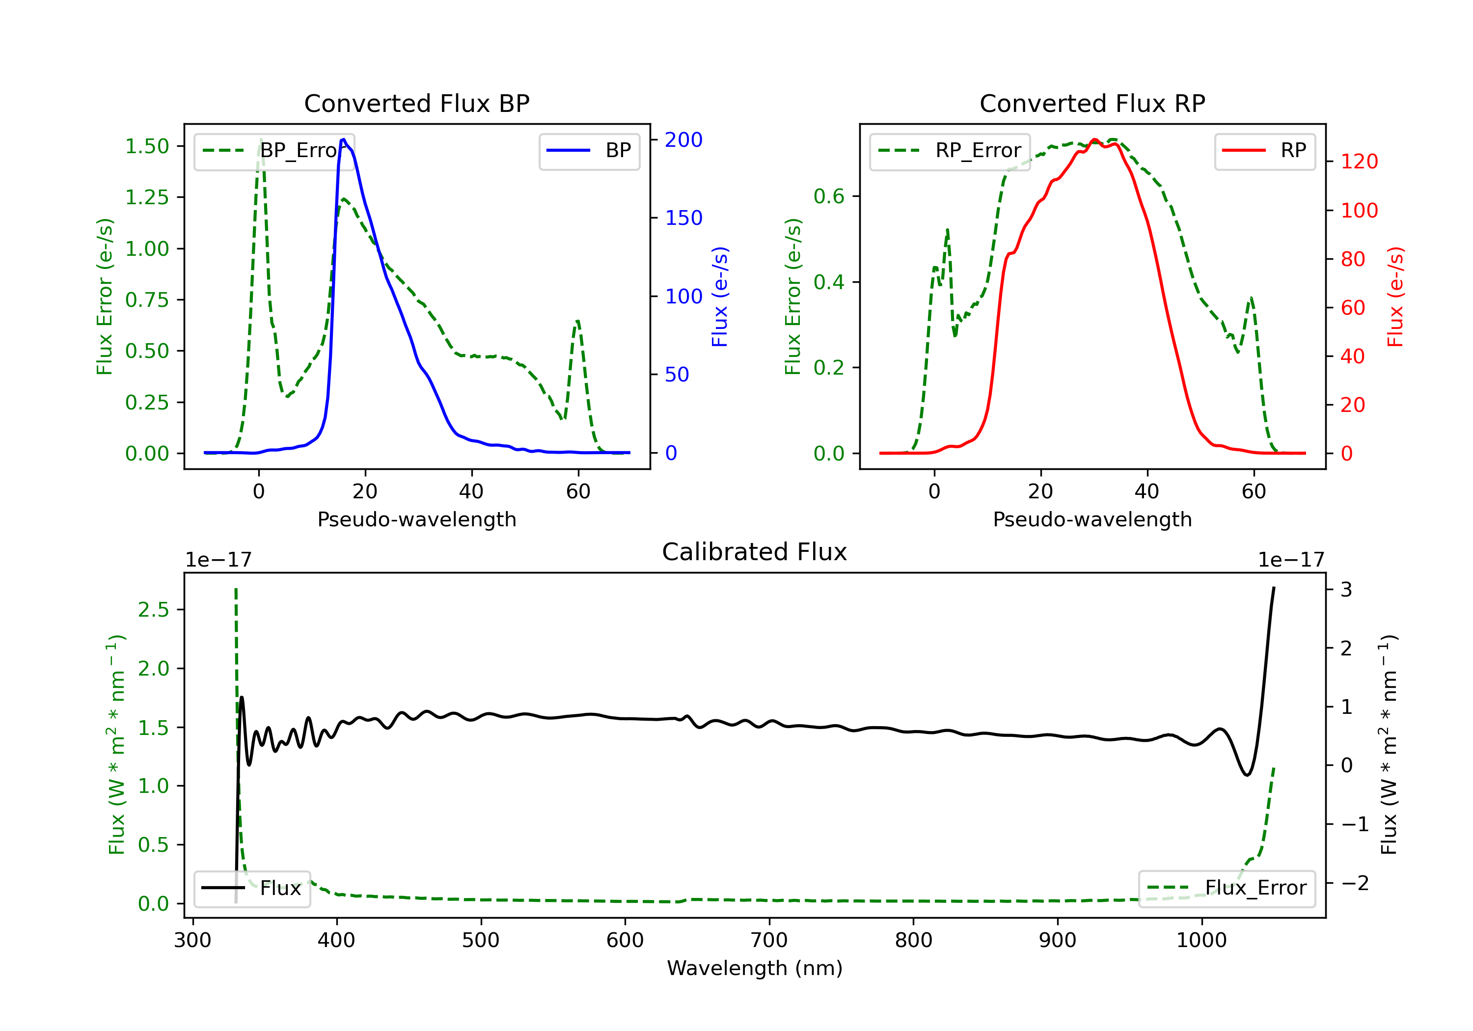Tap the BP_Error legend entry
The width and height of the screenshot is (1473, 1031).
point(274,151)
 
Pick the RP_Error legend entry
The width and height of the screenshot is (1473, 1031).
point(950,151)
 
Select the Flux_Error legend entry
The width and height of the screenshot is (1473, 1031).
point(1227,888)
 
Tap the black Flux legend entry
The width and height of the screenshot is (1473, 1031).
point(252,888)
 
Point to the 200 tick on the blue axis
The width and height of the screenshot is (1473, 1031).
point(683,140)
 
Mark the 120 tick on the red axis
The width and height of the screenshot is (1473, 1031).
point(1359,162)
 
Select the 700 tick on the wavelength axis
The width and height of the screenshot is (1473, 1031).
point(768,941)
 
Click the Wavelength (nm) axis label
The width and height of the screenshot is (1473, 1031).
point(755,968)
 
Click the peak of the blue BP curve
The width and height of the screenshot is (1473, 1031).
point(343,139)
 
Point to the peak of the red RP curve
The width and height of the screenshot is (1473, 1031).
point(1094,140)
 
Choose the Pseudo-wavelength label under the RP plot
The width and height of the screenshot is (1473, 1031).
point(1092,519)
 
